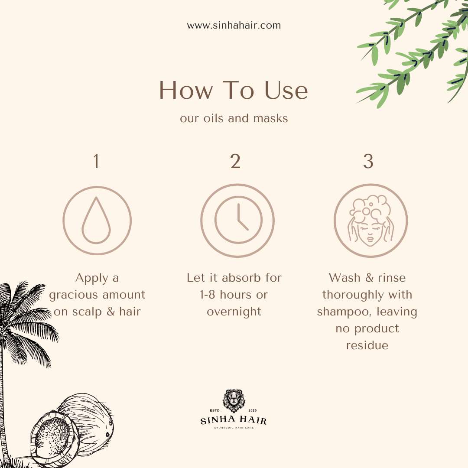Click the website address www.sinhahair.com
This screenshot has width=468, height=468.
[234, 25]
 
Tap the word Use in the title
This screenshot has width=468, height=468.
[286, 90]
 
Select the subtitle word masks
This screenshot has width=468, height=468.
[271, 118]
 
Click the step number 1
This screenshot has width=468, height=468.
[96, 161]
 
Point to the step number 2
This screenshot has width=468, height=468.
[235, 161]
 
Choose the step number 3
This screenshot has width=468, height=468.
[368, 161]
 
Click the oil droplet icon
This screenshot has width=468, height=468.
[96, 220]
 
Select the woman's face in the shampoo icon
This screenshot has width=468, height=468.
[370, 232]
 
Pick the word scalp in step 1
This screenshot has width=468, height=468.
[87, 312]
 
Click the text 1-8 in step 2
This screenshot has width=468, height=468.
[208, 295]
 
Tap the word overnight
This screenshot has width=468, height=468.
[234, 312]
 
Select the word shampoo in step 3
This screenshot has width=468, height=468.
[345, 312]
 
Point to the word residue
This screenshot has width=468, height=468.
[367, 345]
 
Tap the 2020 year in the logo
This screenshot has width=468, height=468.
[252, 410]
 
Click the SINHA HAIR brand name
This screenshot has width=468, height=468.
[234, 420]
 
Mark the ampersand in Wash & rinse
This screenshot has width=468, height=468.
[369, 278]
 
